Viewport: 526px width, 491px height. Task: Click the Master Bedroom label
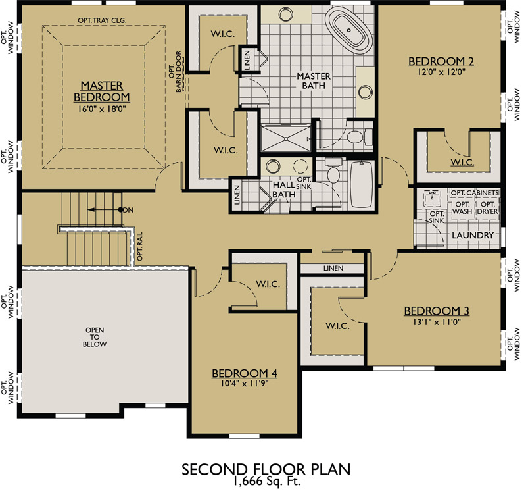click(x=105, y=91)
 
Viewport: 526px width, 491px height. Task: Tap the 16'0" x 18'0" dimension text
click(x=105, y=109)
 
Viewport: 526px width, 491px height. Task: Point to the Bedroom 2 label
click(x=441, y=62)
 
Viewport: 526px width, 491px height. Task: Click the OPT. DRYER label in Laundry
click(x=488, y=207)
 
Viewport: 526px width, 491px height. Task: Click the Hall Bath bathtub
click(x=360, y=184)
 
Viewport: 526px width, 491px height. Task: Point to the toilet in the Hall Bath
click(x=333, y=174)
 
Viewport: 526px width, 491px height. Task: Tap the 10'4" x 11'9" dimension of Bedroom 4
click(x=245, y=384)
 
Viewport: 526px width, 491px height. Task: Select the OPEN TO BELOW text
click(x=95, y=336)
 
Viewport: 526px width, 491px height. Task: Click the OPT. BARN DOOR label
click(x=174, y=73)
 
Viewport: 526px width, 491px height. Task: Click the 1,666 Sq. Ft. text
click(x=266, y=482)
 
